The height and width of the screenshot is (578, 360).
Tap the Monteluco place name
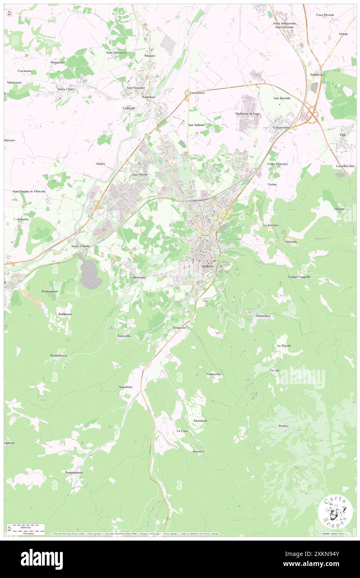click(263, 316)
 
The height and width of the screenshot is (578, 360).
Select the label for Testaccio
click(182, 328)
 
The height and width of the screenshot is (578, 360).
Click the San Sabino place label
click(196, 125)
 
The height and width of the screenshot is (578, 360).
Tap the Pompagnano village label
click(74, 472)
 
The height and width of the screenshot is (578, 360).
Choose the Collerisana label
click(137, 277)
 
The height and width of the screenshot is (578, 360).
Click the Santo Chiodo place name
click(81, 246)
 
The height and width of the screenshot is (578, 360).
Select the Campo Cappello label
click(299, 277)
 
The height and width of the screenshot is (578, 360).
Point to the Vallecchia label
click(214, 374)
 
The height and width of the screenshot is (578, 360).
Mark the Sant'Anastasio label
click(116, 53)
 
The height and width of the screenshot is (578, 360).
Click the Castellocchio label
click(345, 166)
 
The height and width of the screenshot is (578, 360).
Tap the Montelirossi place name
click(59, 356)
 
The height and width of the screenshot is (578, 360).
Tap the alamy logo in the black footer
click(42, 559)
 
